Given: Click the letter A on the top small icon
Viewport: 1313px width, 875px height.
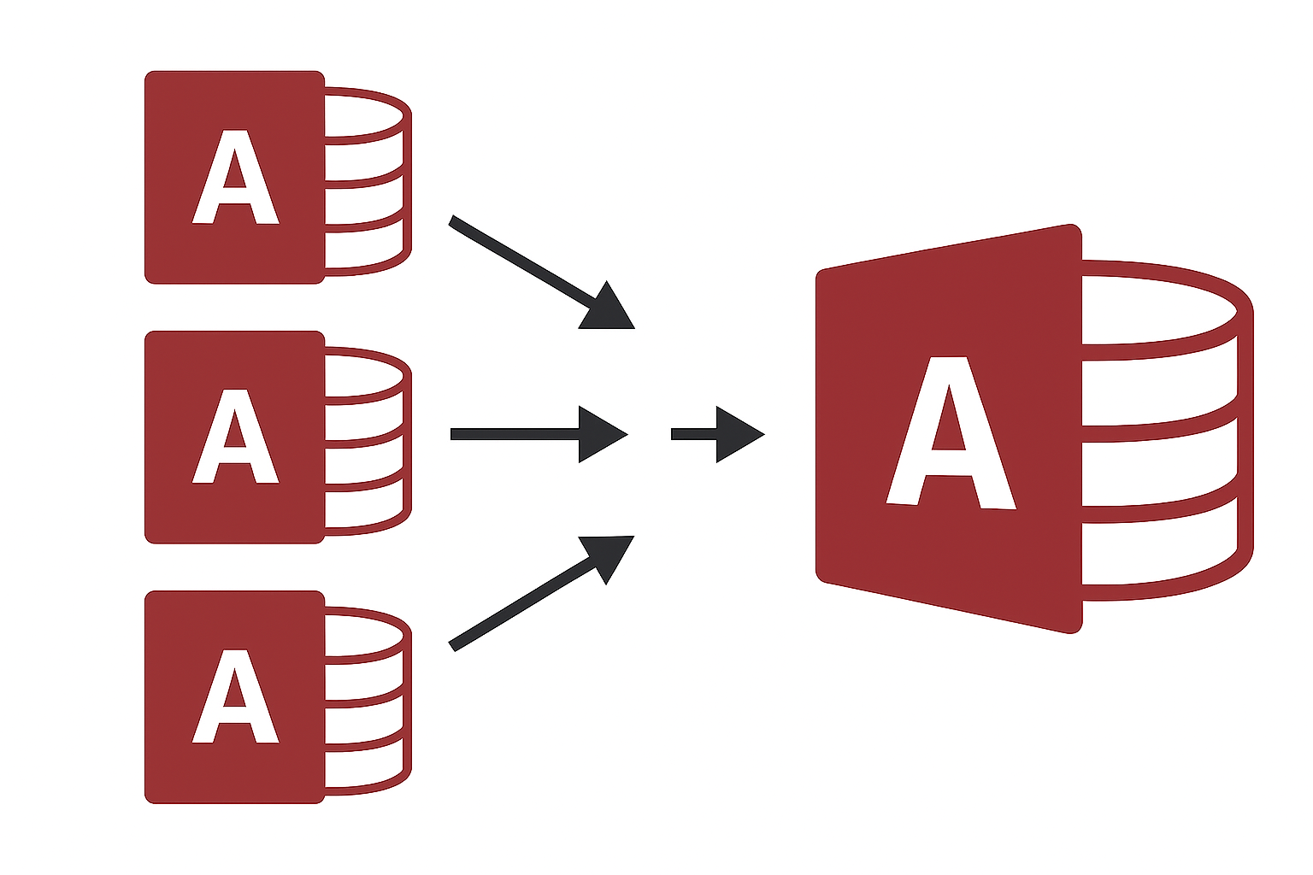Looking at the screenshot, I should (235, 178).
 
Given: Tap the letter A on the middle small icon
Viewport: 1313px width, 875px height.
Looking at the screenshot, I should (235, 437).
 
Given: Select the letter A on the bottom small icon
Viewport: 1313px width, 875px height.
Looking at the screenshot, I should (235, 697).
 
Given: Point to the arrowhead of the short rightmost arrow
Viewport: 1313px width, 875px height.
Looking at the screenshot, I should (737, 435).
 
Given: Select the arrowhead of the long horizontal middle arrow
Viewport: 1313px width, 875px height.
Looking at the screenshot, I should (600, 435).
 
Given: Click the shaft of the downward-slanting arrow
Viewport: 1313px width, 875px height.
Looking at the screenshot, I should (521, 261).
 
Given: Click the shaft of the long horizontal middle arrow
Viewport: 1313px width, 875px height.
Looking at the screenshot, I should (513, 434).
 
